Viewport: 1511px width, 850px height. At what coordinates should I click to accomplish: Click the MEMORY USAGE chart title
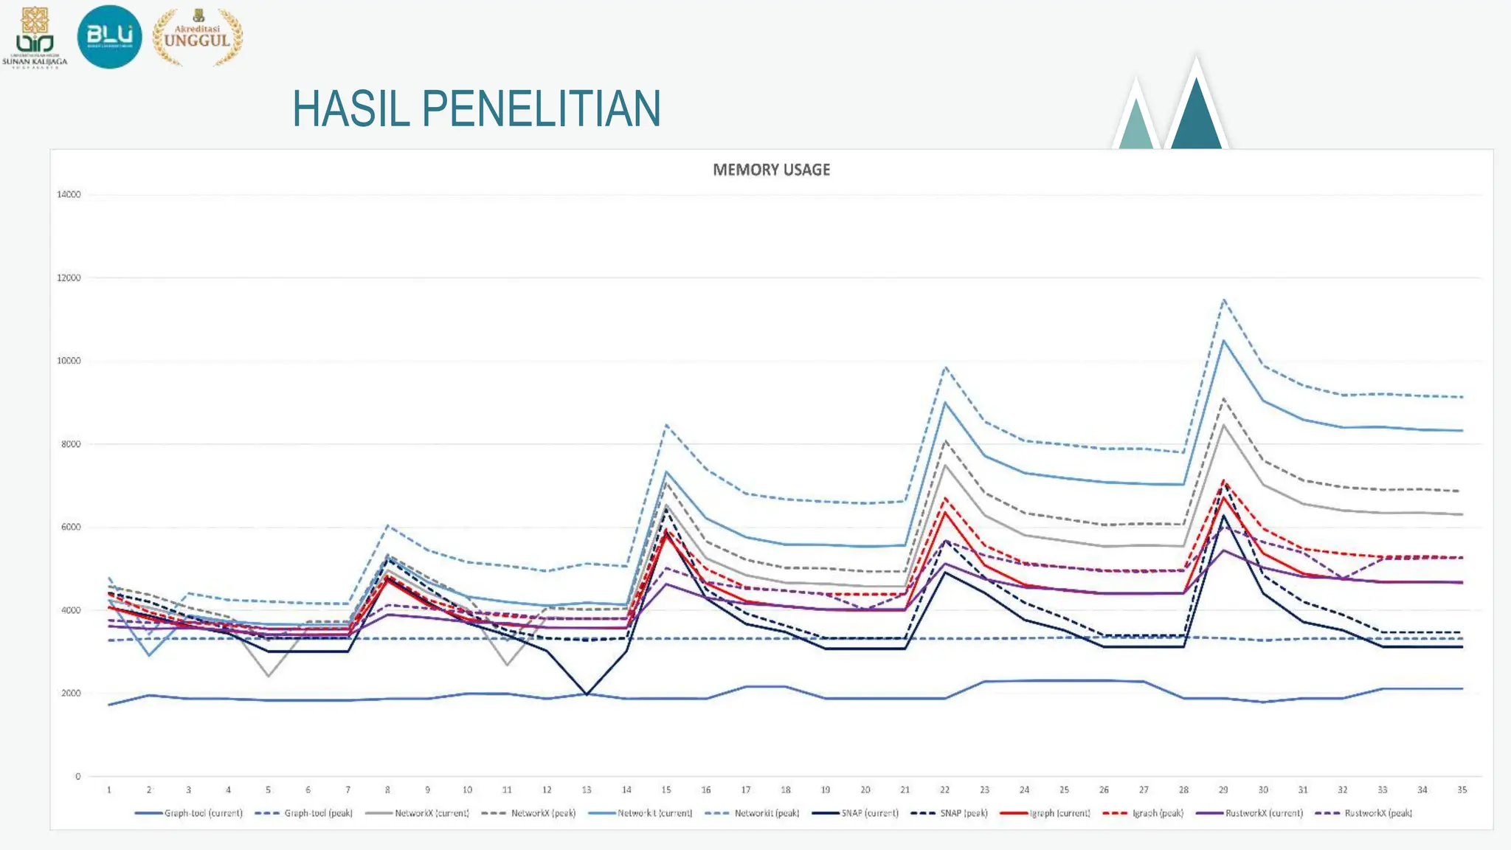[771, 170]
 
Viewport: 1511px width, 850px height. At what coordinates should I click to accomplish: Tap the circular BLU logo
[109, 36]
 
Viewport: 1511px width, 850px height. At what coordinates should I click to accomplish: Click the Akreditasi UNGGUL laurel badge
[197, 37]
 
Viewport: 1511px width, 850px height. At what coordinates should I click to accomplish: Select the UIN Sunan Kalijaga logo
[35, 37]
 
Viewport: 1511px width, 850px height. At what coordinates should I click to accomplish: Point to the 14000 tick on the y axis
[69, 195]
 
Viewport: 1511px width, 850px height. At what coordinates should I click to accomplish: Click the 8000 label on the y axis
[69, 444]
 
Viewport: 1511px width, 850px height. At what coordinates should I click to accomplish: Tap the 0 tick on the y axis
[77, 776]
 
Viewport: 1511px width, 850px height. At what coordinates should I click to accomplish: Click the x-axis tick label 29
[1223, 789]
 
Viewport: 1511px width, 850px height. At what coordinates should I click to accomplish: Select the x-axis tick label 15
[666, 789]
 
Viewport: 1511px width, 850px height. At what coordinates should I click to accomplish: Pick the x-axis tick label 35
[1462, 789]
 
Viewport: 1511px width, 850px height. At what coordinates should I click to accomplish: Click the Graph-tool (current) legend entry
[189, 813]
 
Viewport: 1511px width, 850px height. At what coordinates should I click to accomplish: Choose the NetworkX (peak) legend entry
[528, 813]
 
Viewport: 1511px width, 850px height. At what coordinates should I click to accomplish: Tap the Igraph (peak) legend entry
[1143, 813]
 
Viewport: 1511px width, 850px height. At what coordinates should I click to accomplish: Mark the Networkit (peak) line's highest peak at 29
[1223, 300]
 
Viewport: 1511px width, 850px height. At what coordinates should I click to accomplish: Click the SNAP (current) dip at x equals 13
[587, 694]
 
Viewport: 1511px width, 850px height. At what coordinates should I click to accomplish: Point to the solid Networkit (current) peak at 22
[945, 402]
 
